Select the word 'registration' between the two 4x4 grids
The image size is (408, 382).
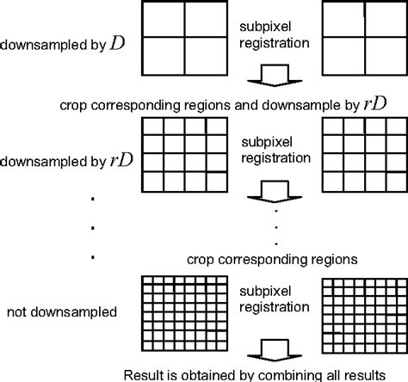tap(274, 157)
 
